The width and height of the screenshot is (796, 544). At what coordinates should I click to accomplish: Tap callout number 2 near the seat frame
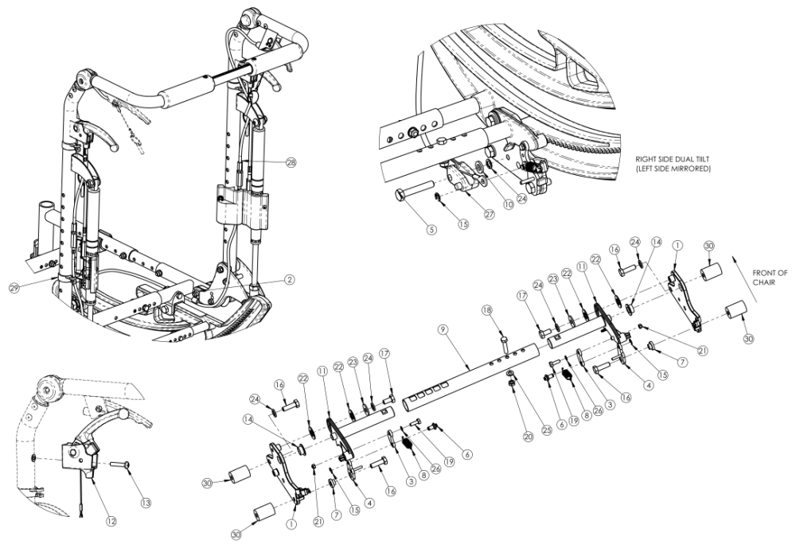[x=291, y=279]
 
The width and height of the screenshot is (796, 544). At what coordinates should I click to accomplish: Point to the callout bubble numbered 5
[x=431, y=230]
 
